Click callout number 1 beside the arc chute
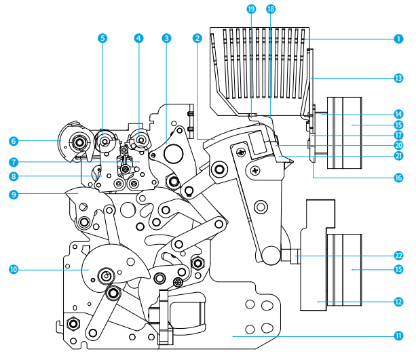coord(398,39)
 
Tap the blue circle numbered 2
coord(196,39)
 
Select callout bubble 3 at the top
coord(166,39)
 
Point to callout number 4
coord(138,39)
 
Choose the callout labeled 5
coord(102,39)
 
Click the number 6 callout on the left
coord(14,141)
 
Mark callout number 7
coord(14,162)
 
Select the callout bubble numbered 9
coord(14,194)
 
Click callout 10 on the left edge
coord(14,269)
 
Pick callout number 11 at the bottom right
coord(398,335)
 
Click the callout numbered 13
coord(398,78)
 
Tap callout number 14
coord(398,114)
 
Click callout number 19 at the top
coord(252,9)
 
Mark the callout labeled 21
coord(398,156)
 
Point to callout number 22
coord(398,256)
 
